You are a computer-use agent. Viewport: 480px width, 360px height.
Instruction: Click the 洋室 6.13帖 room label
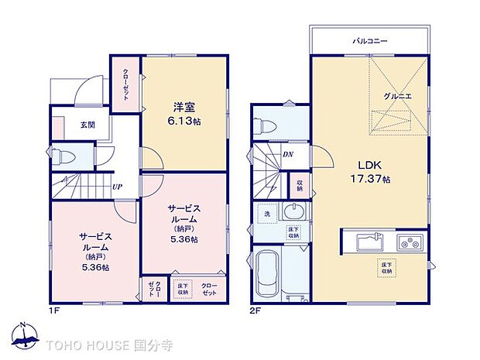pos(183,114)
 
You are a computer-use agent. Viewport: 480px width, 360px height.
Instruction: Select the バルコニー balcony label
pos(370,40)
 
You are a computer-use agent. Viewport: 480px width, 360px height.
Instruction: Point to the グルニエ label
pos(396,95)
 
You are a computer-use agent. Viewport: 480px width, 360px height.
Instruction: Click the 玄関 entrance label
pos(67,125)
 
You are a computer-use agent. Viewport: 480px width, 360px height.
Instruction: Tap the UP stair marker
pos(117,187)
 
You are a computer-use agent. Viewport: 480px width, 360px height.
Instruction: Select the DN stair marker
pos(287,154)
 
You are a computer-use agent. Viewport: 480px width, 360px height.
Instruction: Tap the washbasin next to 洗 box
pos(295,212)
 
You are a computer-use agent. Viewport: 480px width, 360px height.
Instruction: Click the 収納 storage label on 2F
pos(300,186)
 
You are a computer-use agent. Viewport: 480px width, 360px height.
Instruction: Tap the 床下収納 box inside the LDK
pos(385,267)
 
